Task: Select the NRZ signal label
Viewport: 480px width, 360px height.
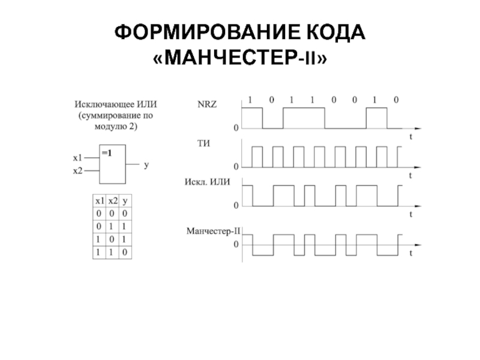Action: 207,104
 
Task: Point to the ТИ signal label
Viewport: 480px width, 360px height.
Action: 203,143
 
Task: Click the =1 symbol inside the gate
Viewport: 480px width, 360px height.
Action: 107,152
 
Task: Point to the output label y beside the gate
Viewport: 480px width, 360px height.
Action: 145,164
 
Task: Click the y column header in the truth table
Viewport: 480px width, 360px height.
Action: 125,201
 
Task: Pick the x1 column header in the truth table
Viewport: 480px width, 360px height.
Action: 98,201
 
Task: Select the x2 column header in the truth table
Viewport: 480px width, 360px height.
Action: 112,201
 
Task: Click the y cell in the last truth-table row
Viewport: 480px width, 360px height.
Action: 125,253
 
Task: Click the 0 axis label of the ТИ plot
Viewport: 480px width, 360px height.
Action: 236,166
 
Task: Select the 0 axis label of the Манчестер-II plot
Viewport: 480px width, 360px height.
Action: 236,245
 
